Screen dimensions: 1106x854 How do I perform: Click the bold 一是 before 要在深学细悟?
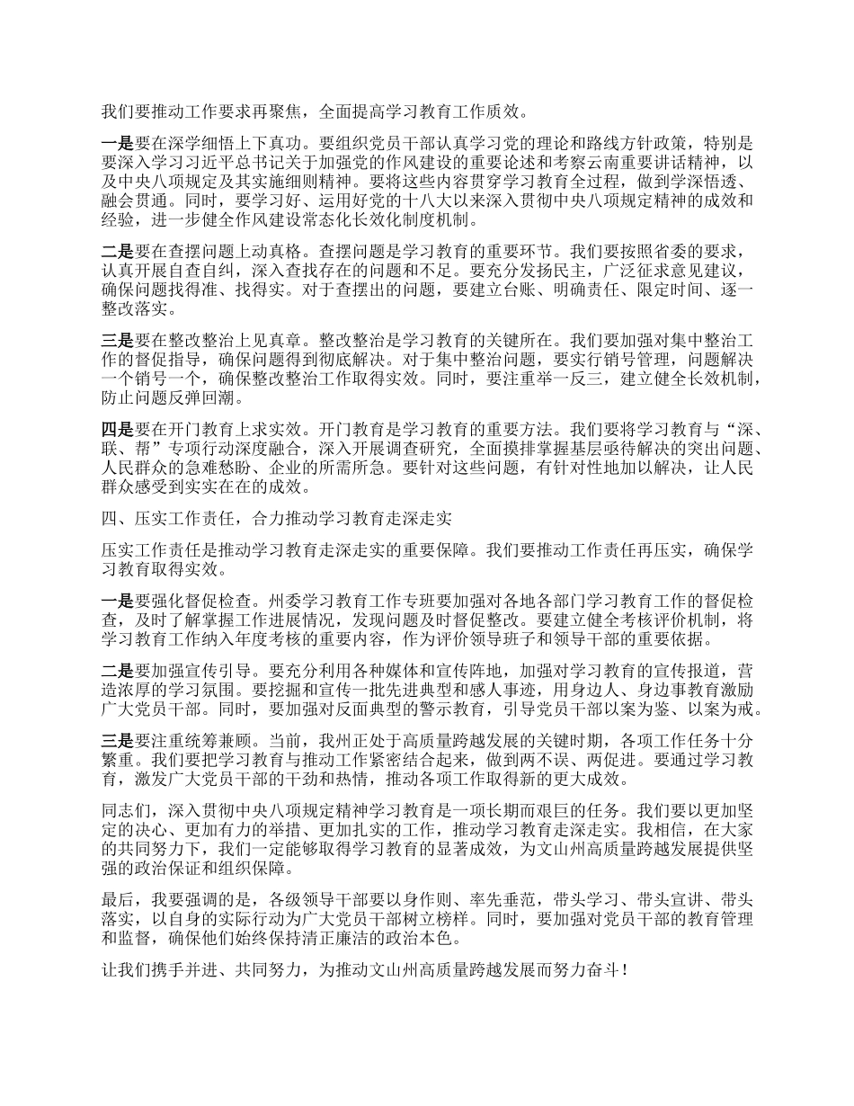tap(117, 142)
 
